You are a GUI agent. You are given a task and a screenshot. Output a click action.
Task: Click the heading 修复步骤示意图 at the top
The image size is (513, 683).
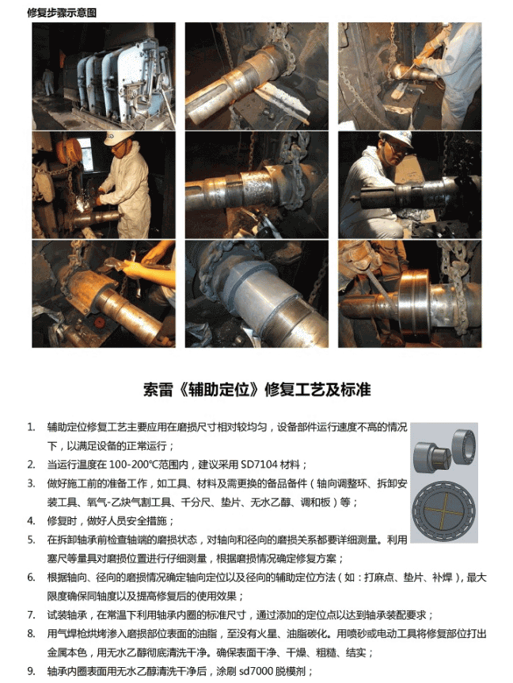62,13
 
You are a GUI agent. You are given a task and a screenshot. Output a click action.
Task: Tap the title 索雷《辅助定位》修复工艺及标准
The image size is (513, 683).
256,389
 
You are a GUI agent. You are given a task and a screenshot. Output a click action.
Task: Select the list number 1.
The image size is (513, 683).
32,427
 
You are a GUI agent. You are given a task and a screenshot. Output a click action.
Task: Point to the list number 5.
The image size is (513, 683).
32,540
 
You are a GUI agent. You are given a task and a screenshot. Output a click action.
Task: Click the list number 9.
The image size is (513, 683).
32,671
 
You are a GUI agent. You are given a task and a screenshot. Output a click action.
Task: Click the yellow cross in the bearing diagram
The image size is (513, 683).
443,509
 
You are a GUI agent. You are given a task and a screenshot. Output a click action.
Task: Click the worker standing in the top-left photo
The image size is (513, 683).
47,82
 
